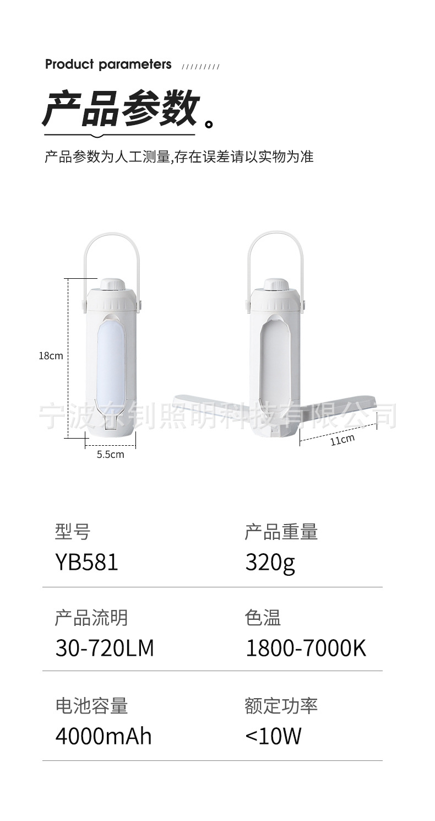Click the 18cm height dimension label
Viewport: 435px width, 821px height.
point(51,356)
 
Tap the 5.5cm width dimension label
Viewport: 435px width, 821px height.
point(110,455)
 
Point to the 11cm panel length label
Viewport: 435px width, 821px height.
point(342,439)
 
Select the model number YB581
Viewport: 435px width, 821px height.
point(86,563)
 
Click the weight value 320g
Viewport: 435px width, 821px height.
point(270,563)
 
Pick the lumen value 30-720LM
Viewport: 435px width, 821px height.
point(105,648)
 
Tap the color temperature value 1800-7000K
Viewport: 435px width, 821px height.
point(306,648)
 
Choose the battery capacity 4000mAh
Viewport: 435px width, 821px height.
point(103,736)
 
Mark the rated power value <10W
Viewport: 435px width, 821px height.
point(273,736)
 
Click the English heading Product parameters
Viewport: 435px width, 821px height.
point(108,64)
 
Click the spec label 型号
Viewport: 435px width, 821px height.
point(72,532)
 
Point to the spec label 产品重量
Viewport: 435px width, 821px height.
point(281,532)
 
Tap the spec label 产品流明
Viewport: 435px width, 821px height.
point(91,618)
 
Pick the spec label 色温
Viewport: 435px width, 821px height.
point(263,618)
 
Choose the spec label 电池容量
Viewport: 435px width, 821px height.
point(91,706)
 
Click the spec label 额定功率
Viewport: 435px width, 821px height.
point(281,706)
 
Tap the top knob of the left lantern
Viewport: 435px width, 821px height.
point(112,284)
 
